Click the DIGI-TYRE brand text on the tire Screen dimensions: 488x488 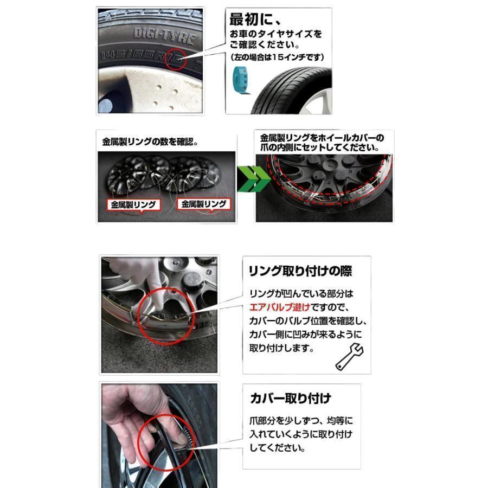[x=165, y=35]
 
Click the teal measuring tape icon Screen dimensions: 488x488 [x=241, y=80]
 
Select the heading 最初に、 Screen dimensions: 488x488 [x=255, y=20]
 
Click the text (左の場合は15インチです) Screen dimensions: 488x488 [x=277, y=57]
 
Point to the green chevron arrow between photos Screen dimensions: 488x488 [x=253, y=179]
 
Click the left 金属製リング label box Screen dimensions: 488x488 [x=133, y=205]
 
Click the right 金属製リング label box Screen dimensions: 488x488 [x=204, y=204]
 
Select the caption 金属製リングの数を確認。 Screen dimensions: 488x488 [x=150, y=142]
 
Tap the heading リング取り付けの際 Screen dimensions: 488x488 [x=300, y=271]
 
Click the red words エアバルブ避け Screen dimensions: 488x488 [x=280, y=307]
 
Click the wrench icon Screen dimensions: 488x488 [x=349, y=357]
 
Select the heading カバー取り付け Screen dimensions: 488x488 [x=291, y=399]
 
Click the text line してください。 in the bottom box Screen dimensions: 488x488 [x=277, y=448]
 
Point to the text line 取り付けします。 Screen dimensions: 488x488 [x=281, y=348]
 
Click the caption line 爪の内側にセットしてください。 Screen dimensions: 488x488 [x=319, y=147]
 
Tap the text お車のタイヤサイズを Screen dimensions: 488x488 [x=276, y=34]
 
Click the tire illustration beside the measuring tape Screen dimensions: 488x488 [x=293, y=92]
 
